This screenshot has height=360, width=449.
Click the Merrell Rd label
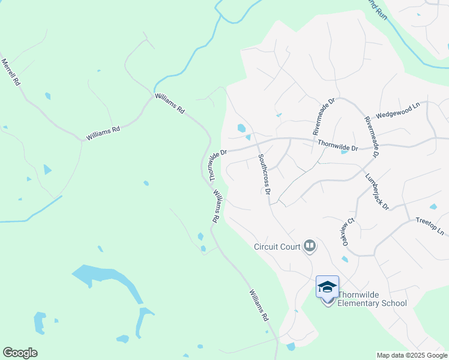coord(11,72)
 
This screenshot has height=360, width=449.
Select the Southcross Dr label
coord(264,175)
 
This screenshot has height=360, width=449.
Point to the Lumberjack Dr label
coord(377,192)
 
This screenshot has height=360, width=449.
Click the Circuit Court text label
coord(277,246)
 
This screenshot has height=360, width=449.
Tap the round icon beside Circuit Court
coord(310,245)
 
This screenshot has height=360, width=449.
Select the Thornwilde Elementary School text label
coord(372,299)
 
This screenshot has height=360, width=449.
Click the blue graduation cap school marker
coord(327,287)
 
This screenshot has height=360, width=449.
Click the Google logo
coord(20,353)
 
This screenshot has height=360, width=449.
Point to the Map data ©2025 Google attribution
coord(411,355)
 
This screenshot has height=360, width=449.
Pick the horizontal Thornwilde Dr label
coord(337,145)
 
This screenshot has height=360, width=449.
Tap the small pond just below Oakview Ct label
coord(345,259)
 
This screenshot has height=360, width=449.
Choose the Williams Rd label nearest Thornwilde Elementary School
coord(259,305)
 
